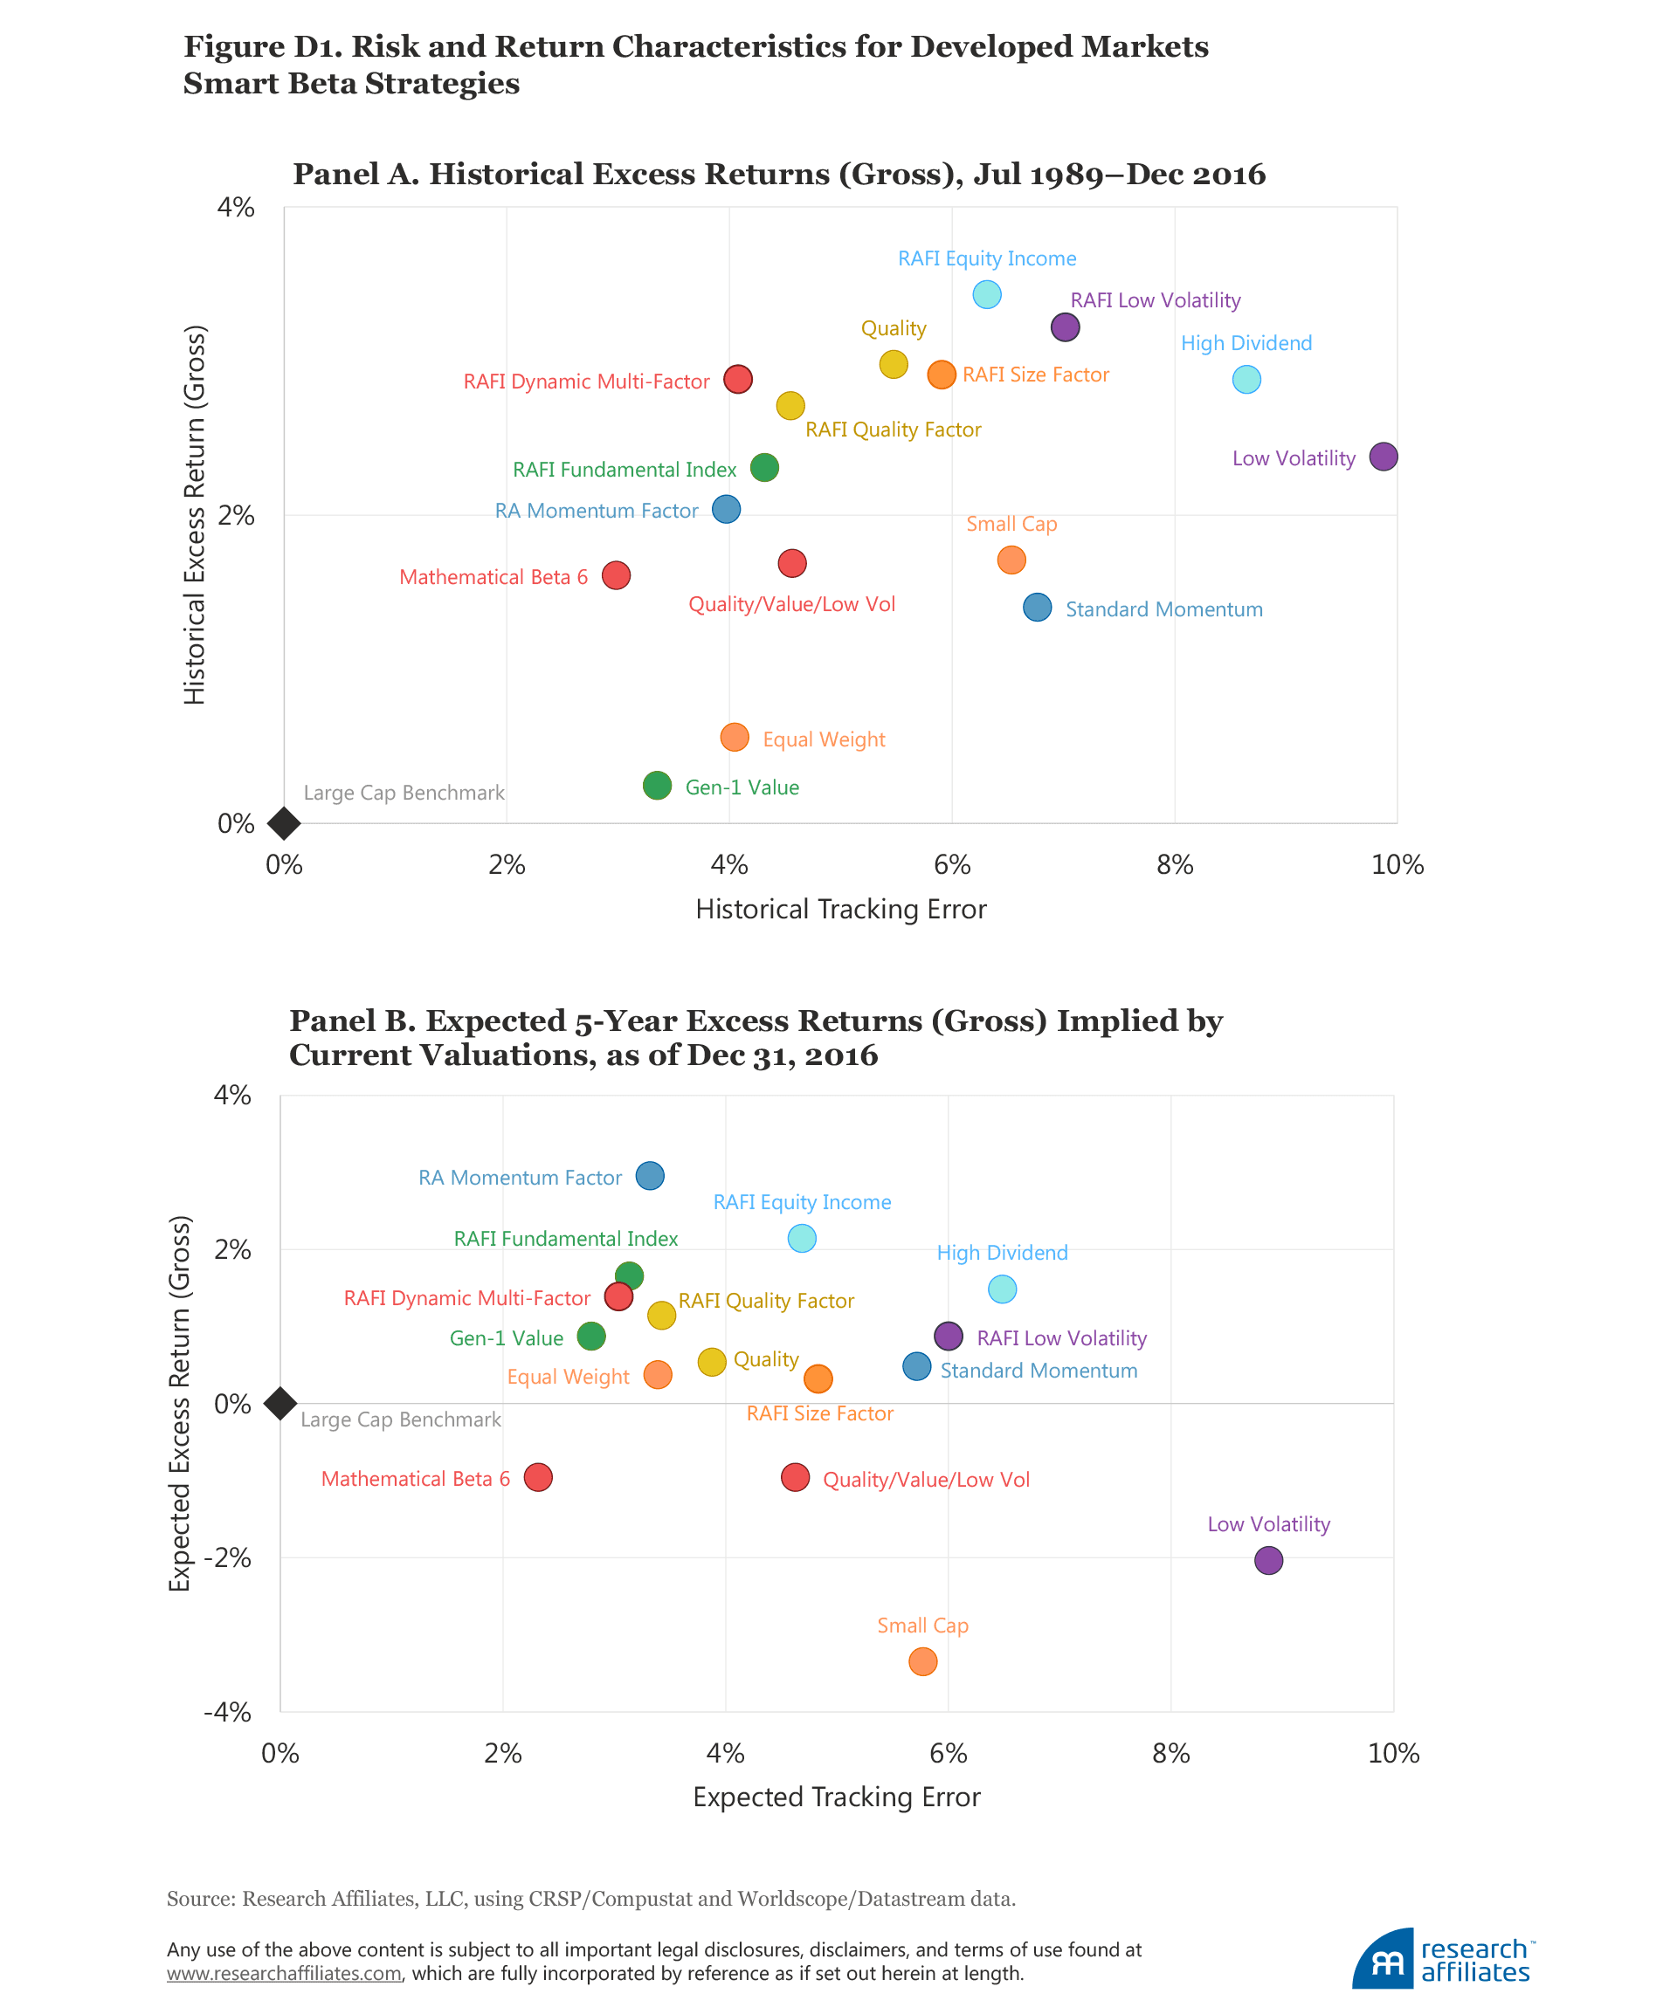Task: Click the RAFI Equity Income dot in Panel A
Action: [986, 294]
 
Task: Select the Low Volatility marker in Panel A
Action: [1383, 457]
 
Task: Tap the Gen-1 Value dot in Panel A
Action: [656, 786]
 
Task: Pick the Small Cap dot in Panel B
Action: [922, 1661]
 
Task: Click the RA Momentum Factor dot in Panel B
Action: [650, 1176]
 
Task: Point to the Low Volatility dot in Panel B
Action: [1268, 1560]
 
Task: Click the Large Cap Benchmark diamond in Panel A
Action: [284, 823]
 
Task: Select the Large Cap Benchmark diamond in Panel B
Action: [280, 1403]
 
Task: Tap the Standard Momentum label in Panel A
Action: [1163, 610]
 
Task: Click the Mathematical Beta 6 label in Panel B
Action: [416, 1479]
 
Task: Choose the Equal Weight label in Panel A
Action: [823, 739]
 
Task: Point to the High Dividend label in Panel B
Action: [1002, 1253]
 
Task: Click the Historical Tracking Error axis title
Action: [840, 909]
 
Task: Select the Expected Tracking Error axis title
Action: [837, 1797]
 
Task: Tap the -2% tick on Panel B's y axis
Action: [226, 1557]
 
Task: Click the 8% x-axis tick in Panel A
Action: [1174, 865]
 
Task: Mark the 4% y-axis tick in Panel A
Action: [236, 207]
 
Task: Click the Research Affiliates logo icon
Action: [1383, 1958]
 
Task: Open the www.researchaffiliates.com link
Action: [284, 1974]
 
